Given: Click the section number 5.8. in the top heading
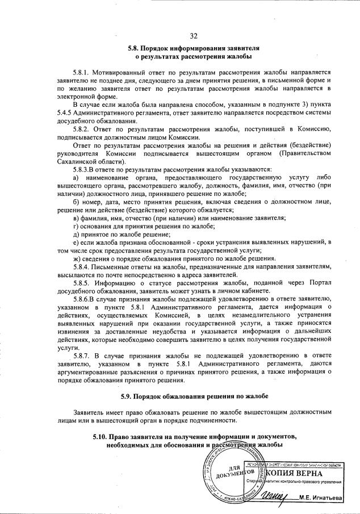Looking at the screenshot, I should (136, 48).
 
